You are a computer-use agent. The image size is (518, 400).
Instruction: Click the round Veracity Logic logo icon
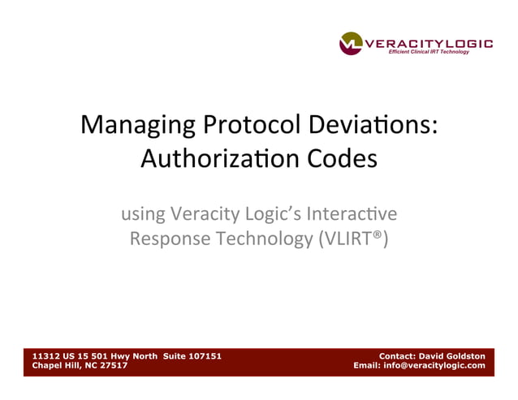[351, 43]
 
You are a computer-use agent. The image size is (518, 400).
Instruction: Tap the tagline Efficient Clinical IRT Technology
[429, 53]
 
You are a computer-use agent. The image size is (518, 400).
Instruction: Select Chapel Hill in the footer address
[56, 365]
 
